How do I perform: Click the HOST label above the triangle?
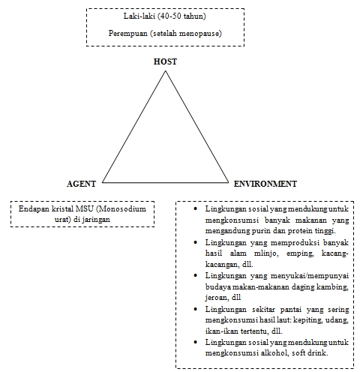165,61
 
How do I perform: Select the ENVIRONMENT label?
265,184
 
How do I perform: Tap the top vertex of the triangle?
165,71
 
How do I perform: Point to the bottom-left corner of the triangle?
103,182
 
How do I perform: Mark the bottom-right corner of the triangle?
227,182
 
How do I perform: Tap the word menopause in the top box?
200,34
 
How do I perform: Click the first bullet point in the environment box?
195,208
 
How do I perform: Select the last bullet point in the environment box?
195,343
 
